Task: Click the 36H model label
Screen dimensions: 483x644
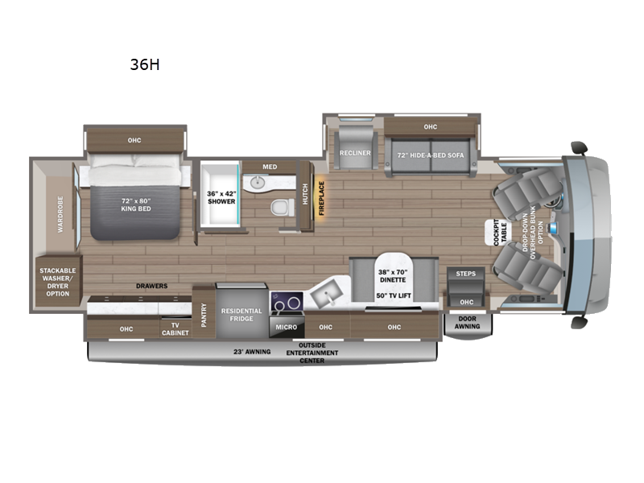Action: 145,65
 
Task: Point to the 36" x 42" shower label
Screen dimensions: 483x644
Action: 221,196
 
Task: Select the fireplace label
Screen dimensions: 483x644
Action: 320,196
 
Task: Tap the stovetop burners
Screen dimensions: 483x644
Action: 287,303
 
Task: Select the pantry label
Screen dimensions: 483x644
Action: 203,311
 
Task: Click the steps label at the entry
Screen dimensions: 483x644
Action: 465,274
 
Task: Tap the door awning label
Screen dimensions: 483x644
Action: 467,322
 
